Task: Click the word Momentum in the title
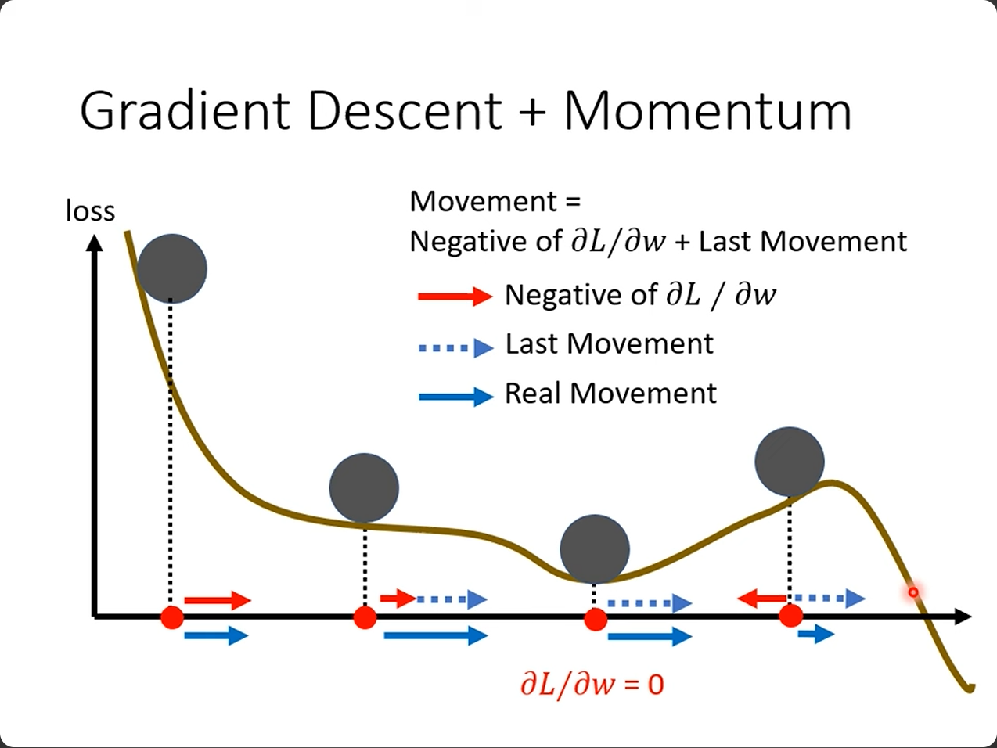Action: point(707,110)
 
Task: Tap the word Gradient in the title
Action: point(186,110)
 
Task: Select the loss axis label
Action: point(90,211)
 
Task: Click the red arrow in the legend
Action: point(455,296)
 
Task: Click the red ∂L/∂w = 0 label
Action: point(592,685)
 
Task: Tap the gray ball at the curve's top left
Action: point(171,268)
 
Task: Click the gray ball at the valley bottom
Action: point(595,548)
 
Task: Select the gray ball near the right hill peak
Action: point(790,462)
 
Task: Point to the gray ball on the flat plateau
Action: point(364,487)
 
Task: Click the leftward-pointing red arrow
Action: point(761,599)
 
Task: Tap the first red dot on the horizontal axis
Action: point(172,617)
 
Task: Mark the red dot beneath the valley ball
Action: point(596,620)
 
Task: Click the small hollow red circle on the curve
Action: point(912,592)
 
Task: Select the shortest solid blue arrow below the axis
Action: point(815,633)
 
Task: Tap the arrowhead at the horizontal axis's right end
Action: point(963,617)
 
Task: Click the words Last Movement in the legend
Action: point(609,344)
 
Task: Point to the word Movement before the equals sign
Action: point(484,202)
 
